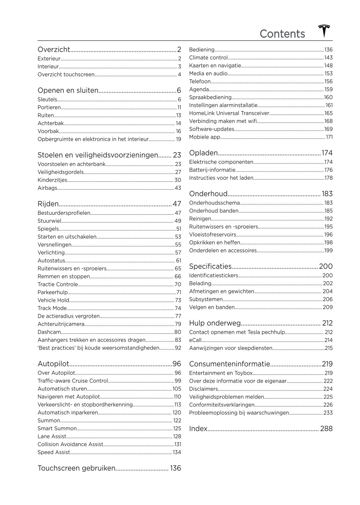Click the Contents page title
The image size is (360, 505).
[282, 34]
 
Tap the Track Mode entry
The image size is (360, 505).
[52, 308]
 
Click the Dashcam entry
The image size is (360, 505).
[49, 332]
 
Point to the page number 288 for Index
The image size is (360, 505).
[326, 429]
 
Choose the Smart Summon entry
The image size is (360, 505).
[57, 428]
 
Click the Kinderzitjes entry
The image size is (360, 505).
[52, 180]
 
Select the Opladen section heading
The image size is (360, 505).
[203, 153]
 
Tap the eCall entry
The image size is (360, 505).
[195, 340]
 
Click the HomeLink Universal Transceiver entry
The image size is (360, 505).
[229, 113]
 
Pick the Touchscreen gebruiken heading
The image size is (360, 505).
[76, 468]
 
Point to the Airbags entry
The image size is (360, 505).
[47, 188]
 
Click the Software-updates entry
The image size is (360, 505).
[211, 129]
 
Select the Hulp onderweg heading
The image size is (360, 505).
[215, 323]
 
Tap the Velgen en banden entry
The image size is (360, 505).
[212, 307]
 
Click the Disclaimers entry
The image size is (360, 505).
[203, 389]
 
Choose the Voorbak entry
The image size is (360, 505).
[48, 131]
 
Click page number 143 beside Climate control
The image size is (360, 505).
[328, 58]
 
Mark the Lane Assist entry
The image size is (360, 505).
[52, 436]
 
